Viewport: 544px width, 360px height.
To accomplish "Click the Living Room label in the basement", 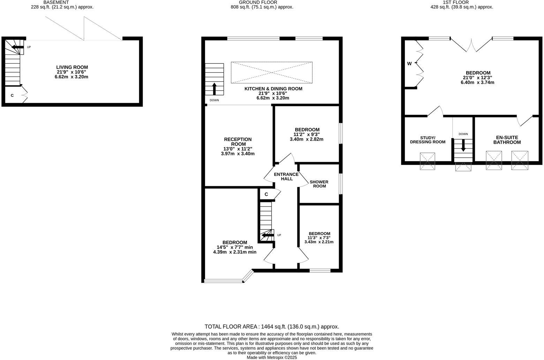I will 72,67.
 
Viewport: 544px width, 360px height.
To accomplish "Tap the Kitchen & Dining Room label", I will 273,89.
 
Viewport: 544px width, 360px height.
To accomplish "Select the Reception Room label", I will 237,142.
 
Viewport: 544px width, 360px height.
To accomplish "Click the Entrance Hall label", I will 286,177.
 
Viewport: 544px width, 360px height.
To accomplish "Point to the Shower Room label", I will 319,184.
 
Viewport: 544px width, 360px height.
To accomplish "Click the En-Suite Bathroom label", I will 507,140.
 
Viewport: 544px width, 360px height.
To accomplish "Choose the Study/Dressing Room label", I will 428,140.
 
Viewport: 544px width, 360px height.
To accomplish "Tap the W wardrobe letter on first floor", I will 409,63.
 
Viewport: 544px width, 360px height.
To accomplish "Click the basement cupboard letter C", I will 12,95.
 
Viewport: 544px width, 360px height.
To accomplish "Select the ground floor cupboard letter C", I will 266,194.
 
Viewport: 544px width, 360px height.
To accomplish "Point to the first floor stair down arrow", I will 463,145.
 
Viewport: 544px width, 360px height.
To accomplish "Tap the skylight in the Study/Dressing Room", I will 428,161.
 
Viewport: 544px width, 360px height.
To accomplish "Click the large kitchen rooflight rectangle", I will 271,73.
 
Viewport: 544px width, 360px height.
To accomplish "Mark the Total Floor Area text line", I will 272,327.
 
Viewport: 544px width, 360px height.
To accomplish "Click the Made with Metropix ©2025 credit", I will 272,357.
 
